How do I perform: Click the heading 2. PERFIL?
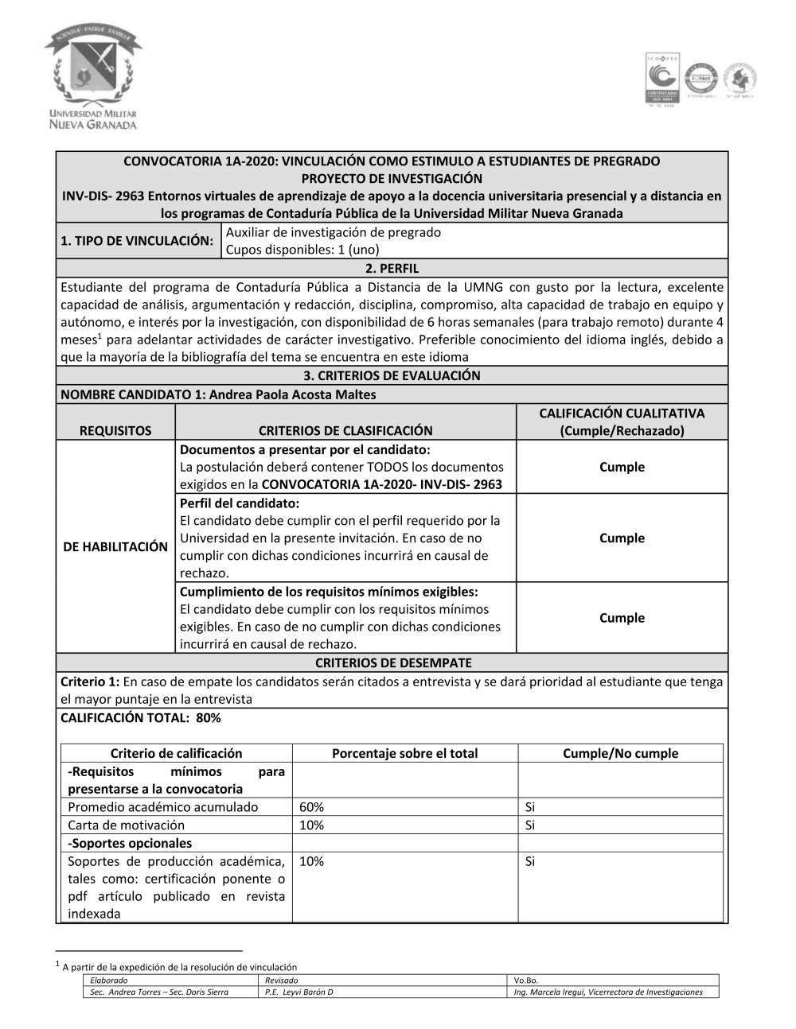(x=392, y=269)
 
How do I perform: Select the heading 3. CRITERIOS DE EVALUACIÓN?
(x=392, y=375)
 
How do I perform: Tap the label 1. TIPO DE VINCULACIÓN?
(x=137, y=241)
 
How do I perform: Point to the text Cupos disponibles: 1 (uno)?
(x=302, y=250)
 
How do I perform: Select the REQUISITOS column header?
(x=115, y=430)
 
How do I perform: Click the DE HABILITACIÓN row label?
(x=115, y=546)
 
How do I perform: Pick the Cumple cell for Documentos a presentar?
(x=622, y=467)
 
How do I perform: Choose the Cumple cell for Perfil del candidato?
(x=622, y=538)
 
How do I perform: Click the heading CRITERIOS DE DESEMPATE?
(x=393, y=662)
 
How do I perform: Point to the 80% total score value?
(x=209, y=717)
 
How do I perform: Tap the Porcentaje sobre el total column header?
(x=404, y=753)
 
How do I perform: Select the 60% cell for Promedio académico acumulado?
(x=312, y=807)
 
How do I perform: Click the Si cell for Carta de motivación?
(x=530, y=825)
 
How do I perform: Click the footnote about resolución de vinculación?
(x=179, y=967)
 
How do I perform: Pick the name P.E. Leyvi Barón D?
(x=299, y=992)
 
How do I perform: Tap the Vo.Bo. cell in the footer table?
(x=526, y=980)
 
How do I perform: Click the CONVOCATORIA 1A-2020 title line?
(x=392, y=161)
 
